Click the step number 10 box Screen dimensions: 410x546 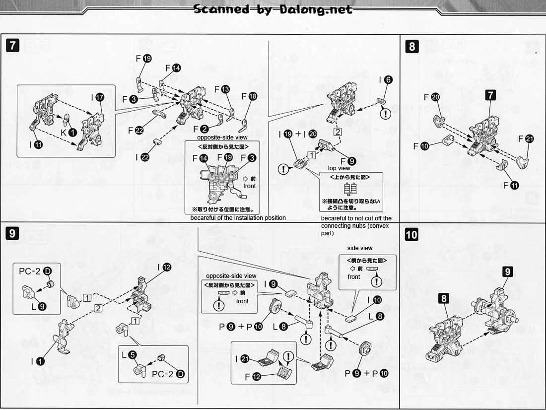pos(411,234)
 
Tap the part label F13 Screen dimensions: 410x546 pos(222,89)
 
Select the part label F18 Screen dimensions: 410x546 pos(249,96)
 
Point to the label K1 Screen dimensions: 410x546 pos(68,132)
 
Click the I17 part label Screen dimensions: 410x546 pos(96,97)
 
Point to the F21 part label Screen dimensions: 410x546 pos(526,139)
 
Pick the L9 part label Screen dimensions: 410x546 pos(38,306)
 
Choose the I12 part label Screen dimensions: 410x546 pos(164,267)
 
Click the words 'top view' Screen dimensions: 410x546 pos(339,168)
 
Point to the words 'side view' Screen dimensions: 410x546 pos(360,248)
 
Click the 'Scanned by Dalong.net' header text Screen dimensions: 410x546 pos(273,9)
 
